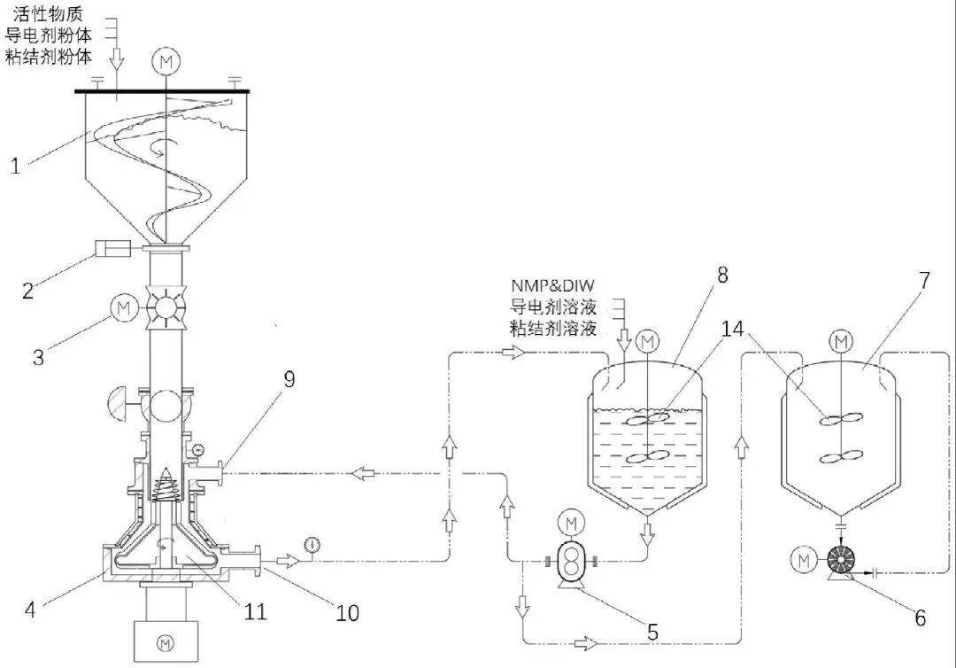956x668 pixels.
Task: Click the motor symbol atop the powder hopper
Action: (x=166, y=62)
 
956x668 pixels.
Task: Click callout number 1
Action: (x=16, y=166)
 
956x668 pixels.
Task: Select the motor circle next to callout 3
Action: (x=124, y=308)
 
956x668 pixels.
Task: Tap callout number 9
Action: (x=289, y=379)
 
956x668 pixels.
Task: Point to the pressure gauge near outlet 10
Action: (x=313, y=545)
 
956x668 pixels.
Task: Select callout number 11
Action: (x=256, y=612)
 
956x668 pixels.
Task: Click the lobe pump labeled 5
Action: (x=571, y=560)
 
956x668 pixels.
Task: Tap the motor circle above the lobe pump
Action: (x=571, y=523)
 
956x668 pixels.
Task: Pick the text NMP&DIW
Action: (x=552, y=285)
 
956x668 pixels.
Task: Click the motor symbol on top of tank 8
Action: (x=647, y=341)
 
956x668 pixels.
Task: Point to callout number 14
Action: (x=732, y=329)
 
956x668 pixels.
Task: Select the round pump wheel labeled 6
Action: (x=842, y=561)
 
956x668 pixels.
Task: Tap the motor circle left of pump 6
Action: (x=804, y=560)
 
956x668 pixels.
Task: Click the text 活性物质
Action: (x=47, y=13)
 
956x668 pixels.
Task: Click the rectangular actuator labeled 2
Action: (x=112, y=248)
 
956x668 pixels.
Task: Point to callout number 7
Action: (x=924, y=280)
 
